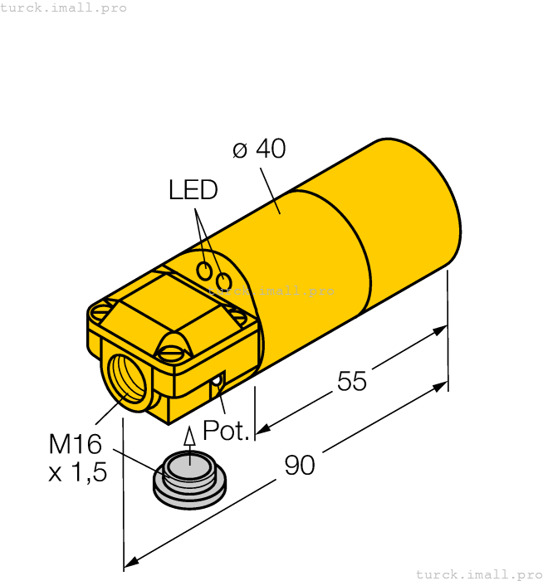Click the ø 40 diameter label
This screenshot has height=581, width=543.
tap(259, 149)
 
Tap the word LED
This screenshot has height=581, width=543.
tap(193, 190)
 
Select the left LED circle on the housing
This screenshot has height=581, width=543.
tap(204, 271)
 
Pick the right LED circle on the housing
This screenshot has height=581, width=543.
tap(223, 282)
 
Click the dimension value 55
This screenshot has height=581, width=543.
tap(352, 381)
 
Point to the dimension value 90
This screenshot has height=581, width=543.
tap(300, 466)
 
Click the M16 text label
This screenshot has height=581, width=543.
tap(75, 445)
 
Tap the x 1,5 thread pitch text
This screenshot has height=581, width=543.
tap(78, 473)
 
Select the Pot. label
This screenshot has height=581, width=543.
tap(226, 431)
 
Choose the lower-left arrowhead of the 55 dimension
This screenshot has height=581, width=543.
tap(261, 429)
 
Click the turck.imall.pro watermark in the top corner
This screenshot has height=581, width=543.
tap(64, 7)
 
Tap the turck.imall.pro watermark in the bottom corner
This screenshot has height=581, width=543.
tap(478, 574)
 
